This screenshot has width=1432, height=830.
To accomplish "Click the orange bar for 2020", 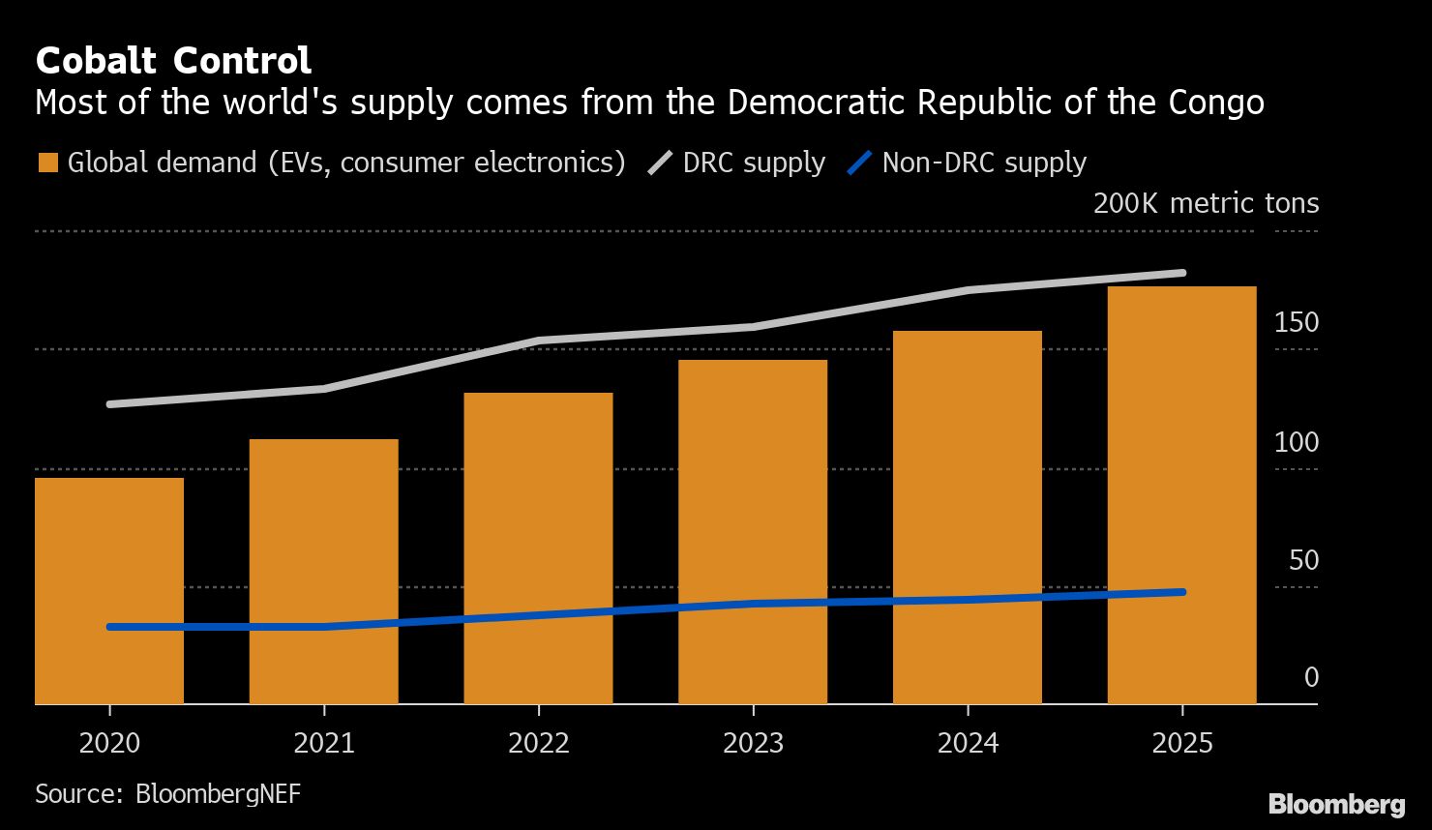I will (109, 590).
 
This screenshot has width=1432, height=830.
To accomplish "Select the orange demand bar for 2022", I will (538, 548).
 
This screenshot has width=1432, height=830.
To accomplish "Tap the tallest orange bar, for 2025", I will (1181, 494).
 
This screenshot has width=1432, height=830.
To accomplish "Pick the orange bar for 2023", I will (753, 531).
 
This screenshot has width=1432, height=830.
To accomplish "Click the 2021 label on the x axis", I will (323, 743).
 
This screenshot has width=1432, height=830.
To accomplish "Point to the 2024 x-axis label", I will (968, 743).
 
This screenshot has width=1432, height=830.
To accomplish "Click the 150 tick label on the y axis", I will (1296, 323).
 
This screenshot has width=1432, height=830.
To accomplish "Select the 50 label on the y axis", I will (1303, 561).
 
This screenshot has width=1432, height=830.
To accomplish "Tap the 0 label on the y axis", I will (1311, 678).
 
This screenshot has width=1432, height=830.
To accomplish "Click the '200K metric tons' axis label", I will (1206, 203).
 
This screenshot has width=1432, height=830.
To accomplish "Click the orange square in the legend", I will (47, 163).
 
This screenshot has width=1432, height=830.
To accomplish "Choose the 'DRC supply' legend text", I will (754, 163).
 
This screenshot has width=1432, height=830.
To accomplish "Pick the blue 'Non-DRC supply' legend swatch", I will (859, 163).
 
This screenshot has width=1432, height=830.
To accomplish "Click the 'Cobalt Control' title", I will (173, 61).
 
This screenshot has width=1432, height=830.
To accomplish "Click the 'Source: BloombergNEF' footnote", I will (167, 794).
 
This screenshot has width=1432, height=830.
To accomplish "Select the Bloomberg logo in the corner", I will (1336, 803).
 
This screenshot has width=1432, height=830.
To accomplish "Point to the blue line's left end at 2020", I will (110, 627).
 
